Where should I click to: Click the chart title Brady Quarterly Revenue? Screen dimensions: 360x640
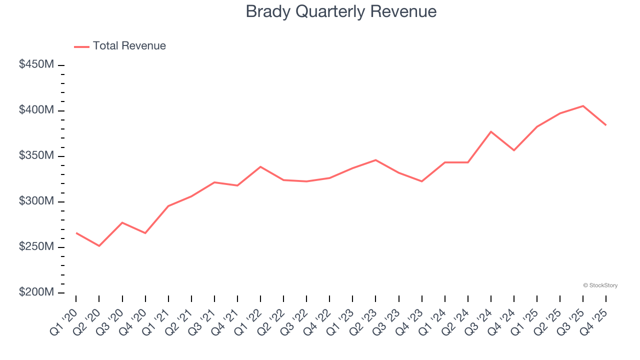click(341, 11)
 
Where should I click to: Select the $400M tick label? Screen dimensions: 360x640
click(36, 110)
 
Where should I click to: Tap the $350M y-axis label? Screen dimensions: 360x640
click(36, 155)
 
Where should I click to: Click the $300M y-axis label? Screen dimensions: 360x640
click(36, 201)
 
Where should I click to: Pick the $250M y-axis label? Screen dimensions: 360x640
click(36, 247)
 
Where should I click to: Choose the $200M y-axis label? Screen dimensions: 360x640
click(36, 292)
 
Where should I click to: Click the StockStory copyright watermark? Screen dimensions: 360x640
click(600, 285)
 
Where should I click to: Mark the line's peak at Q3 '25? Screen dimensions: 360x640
click(583, 106)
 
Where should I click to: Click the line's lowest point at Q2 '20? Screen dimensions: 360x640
click(99, 246)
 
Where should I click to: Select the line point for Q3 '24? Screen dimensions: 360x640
click(491, 131)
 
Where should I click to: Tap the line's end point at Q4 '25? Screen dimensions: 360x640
click(606, 125)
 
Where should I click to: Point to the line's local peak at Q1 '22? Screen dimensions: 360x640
click(260, 166)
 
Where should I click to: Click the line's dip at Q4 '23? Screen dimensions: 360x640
click(422, 181)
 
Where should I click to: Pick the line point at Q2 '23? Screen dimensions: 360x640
click(375, 160)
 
